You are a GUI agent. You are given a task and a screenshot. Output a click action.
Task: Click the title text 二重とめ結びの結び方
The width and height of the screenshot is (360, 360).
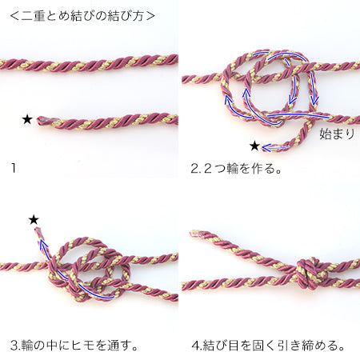[x=82, y=16]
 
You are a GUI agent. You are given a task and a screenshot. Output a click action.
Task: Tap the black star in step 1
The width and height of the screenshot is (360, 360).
[x=27, y=120]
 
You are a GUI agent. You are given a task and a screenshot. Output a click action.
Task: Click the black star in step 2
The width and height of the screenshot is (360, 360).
[x=254, y=146]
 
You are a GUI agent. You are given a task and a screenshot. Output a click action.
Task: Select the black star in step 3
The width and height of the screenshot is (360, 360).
[x=34, y=220]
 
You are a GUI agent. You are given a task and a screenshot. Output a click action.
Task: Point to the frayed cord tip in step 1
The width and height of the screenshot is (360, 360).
[x=40, y=121]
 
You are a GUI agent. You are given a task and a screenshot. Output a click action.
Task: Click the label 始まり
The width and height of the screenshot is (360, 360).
[x=337, y=134]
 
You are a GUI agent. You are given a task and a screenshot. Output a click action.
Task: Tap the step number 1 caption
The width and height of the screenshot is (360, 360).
[x=14, y=168]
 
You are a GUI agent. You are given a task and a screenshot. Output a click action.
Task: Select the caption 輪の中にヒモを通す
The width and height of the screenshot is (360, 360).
[x=79, y=346]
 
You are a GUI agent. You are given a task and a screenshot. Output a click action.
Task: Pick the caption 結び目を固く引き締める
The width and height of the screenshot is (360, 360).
[x=274, y=346]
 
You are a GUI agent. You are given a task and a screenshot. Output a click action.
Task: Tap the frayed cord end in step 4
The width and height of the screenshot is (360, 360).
[x=194, y=234]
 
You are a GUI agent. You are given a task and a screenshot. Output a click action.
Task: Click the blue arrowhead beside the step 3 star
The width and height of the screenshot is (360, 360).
[x=43, y=244]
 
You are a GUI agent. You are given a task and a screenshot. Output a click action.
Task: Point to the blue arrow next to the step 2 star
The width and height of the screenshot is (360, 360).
[x=275, y=147]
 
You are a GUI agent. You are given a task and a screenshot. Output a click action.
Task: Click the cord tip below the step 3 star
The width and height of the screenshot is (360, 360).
[x=38, y=230]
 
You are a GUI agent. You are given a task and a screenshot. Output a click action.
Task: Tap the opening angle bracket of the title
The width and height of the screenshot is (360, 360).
[x=14, y=16]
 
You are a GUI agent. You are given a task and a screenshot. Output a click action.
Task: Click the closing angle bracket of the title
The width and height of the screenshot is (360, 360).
[x=150, y=16]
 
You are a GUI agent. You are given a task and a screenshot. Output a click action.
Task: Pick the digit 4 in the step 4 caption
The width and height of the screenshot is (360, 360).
[x=195, y=346]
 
